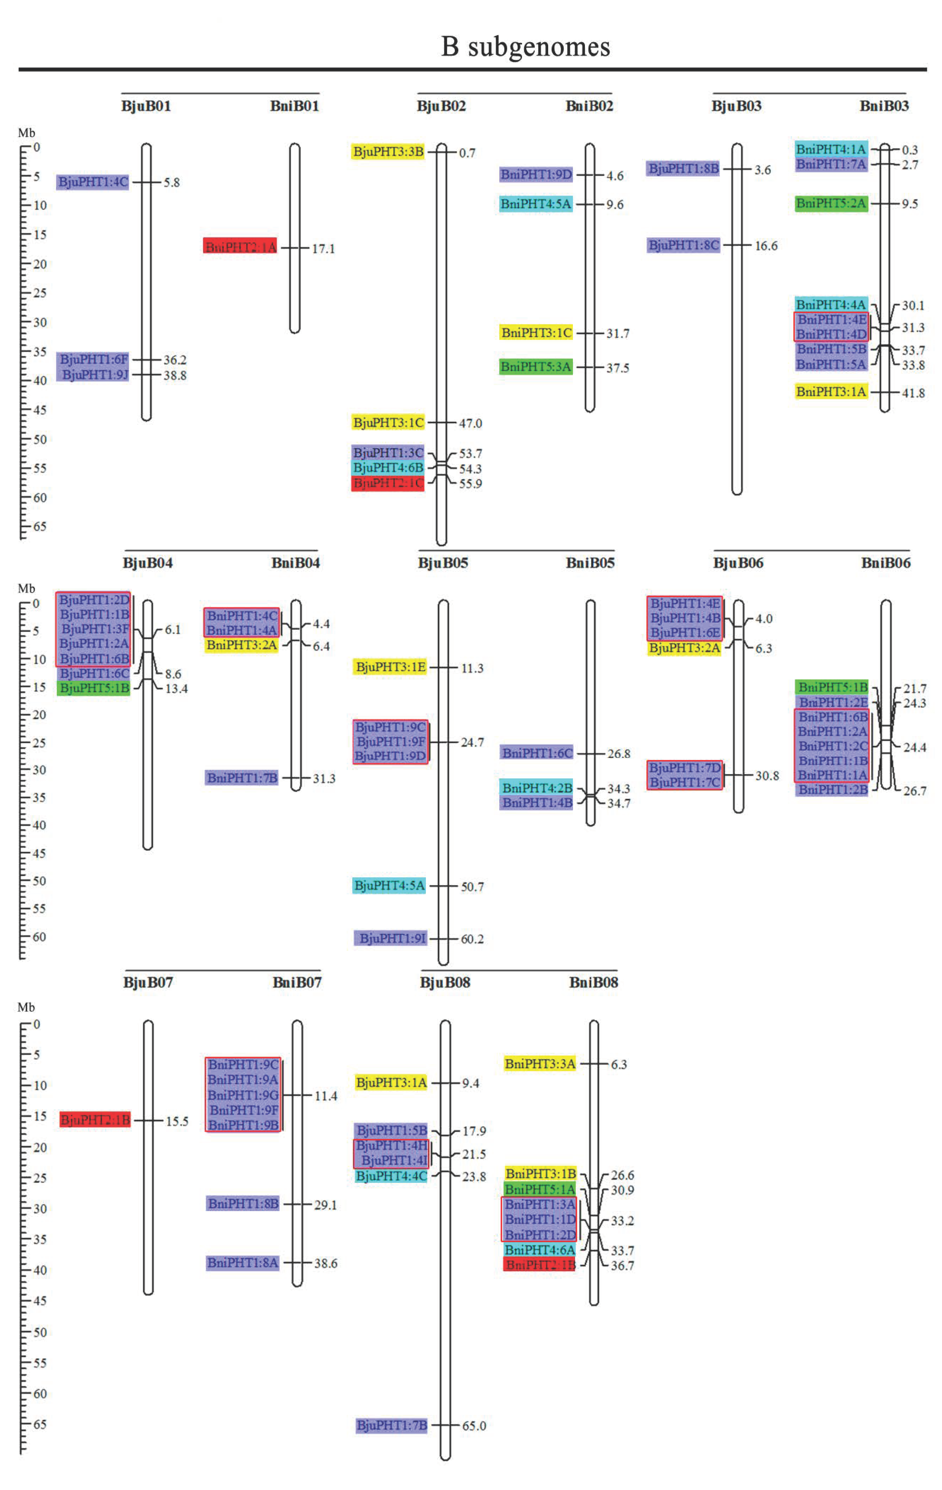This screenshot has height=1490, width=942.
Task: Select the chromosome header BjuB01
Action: pos(146,106)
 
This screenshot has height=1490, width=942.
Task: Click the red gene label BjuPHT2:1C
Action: pos(388,483)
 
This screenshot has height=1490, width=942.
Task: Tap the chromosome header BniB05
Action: pos(590,562)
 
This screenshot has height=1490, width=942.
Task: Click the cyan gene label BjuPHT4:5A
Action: pos(389,885)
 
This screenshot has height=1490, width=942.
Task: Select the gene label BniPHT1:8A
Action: pos(243,1262)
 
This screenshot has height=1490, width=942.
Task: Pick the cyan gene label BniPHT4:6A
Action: pos(540,1250)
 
